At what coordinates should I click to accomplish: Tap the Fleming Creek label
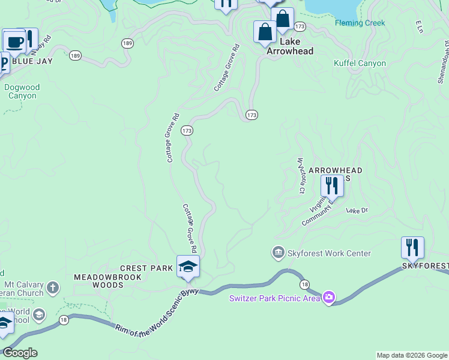point(360,23)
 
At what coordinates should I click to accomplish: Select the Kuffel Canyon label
point(360,63)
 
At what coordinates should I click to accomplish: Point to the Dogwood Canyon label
point(22,91)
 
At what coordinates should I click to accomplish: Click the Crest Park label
point(146,268)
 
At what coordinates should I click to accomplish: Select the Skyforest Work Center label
point(329,253)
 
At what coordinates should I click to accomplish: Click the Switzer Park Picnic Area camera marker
point(328,298)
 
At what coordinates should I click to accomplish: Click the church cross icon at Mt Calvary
point(53,288)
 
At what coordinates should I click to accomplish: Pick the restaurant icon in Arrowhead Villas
point(332,186)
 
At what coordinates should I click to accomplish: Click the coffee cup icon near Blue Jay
point(14,42)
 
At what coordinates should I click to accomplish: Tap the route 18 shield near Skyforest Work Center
point(304,284)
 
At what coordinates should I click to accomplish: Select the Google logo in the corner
point(20,353)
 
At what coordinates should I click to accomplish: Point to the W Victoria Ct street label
point(301,176)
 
